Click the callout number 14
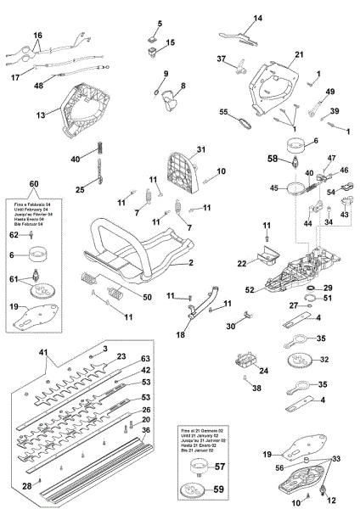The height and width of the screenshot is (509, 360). point(259,18)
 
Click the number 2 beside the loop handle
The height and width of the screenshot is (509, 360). point(190,263)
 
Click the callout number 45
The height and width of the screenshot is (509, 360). point(274,187)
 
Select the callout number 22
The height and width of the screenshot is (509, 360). point(243,264)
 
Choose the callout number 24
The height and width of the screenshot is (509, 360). point(240,370)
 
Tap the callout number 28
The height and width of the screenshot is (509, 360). point(26,485)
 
